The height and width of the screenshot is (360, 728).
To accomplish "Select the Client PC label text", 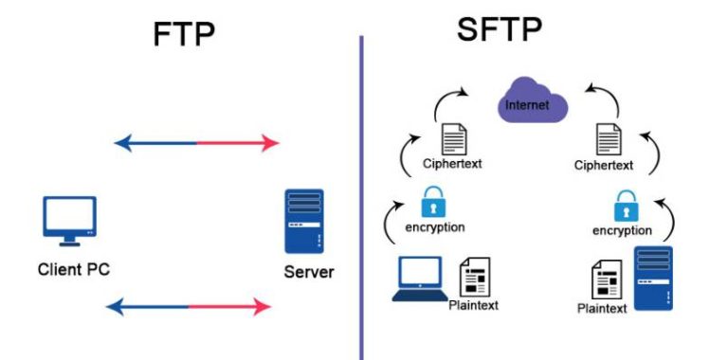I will [x=73, y=269].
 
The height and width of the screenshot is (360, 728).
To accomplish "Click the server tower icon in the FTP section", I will [x=303, y=221].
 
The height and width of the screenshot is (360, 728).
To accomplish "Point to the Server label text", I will [x=309, y=274].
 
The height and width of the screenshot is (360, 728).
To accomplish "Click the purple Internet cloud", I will [x=532, y=103].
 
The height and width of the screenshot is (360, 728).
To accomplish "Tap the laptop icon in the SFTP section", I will [x=418, y=279].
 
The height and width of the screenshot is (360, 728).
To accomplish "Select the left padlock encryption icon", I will [x=433, y=201].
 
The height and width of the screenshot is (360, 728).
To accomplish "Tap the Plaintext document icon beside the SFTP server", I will [x=606, y=280].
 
